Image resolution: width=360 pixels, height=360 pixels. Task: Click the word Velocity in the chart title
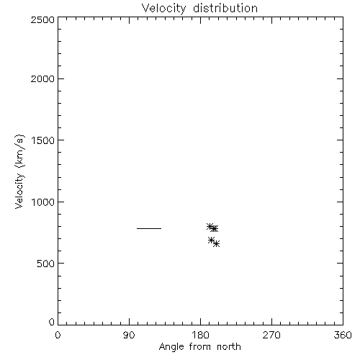pos(163,9)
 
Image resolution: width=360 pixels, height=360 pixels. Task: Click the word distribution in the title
pos(225,8)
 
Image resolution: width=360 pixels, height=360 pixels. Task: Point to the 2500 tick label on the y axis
pos(42,19)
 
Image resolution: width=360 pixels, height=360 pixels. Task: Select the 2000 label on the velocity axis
pos(42,78)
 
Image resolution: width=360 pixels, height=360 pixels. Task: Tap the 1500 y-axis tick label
pos(43,140)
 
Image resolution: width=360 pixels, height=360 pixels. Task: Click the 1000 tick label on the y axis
pos(43,202)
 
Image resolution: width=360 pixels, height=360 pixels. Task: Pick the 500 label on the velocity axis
pos(46,264)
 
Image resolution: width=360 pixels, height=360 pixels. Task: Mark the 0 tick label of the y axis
pos(52,322)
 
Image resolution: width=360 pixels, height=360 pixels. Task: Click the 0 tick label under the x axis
pos(58,335)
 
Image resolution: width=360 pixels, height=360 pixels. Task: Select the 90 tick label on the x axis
pos(129,335)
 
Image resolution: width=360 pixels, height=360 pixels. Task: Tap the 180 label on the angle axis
pos(200,335)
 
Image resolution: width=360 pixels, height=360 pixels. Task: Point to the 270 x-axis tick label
pos(271,335)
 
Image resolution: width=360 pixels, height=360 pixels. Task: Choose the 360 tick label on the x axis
pos(343,335)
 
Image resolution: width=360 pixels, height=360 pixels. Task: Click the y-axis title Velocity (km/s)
pos(19,172)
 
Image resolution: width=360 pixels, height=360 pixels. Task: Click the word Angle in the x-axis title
pos(171,347)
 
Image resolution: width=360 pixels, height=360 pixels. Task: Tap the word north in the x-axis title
pos(229,346)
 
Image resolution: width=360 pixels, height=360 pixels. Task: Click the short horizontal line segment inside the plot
pos(149,228)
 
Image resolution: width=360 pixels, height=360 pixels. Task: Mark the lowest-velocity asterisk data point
pos(216,244)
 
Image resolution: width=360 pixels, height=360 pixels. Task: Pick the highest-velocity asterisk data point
pos(210,226)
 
